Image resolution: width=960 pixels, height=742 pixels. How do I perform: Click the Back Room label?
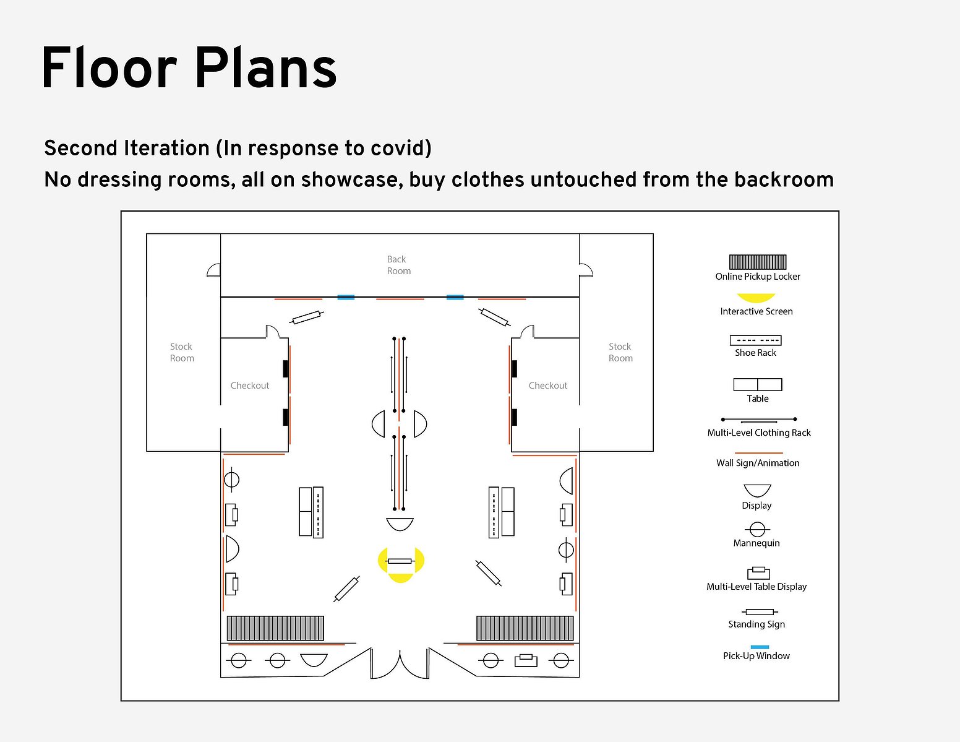coord(398,265)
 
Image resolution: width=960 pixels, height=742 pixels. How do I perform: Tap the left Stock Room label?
coord(182,352)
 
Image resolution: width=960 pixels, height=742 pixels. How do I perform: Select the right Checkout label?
coord(548,386)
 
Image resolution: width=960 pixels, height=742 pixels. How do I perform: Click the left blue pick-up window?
coord(346,298)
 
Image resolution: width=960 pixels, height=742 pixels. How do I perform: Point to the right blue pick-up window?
coord(455,298)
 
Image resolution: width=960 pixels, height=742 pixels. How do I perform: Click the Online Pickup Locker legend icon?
coord(758,262)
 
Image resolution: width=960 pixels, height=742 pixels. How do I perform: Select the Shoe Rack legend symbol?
coord(755,340)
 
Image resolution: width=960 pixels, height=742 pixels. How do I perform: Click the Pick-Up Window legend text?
coord(756,656)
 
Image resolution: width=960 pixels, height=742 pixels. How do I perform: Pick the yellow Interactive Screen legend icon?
coord(756,298)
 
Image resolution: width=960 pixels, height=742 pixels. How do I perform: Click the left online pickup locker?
coord(275,628)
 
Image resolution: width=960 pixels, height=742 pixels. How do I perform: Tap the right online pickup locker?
coord(525,628)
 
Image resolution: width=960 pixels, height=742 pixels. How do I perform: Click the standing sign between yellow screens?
coord(400,561)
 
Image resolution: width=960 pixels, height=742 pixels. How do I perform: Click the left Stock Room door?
coord(214,270)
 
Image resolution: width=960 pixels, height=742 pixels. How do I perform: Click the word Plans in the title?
coord(265,69)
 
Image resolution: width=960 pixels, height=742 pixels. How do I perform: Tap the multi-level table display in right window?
coord(526,660)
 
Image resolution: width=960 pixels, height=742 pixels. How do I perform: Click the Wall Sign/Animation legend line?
coord(758,453)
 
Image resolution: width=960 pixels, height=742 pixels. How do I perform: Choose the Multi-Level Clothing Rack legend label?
coord(759,433)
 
